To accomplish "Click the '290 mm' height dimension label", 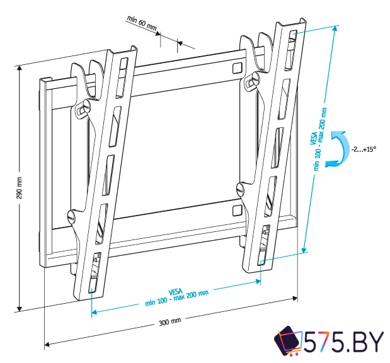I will coord(19,188).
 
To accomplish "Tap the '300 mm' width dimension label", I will coord(170,322).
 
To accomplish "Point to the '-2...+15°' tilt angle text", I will coord(364,149).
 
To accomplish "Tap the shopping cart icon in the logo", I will coord(288,342).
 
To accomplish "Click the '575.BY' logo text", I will coord(343,343).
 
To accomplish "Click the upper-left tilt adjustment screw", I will coord(83,108).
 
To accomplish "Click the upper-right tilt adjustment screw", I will coord(251,81).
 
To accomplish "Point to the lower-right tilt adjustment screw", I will coord(240,187).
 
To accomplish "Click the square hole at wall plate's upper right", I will coord(236,67).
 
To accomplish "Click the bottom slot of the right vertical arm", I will coord(263,252).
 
